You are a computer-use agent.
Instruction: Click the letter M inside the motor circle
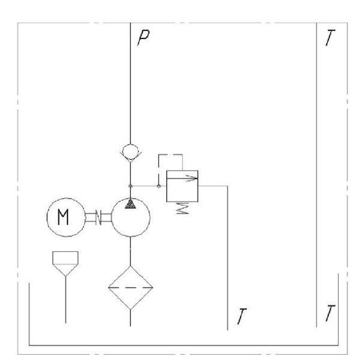tap(63, 217)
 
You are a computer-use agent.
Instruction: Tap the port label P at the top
tap(144, 38)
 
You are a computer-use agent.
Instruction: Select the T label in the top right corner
tap(330, 38)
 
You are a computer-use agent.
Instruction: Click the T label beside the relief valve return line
tap(241, 317)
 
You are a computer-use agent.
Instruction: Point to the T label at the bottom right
tap(330, 313)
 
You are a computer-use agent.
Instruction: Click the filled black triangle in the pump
tap(130, 204)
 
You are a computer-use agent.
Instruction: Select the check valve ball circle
tap(130, 151)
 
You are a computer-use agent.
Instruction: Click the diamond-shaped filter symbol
tap(130, 288)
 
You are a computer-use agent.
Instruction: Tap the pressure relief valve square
tap(182, 186)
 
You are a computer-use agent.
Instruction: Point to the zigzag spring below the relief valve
tap(183, 208)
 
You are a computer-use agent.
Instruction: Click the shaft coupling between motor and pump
tap(99, 217)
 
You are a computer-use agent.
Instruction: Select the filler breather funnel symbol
tap(65, 263)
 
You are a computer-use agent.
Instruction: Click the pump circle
tap(131, 236)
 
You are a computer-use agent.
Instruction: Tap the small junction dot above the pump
tap(130, 186)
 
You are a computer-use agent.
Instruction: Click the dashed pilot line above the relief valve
tap(171, 155)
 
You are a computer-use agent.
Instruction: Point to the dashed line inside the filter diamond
tap(130, 287)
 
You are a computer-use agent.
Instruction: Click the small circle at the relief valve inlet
tap(159, 186)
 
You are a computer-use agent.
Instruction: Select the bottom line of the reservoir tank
tap(183, 345)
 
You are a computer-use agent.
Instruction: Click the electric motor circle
tap(66, 198)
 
